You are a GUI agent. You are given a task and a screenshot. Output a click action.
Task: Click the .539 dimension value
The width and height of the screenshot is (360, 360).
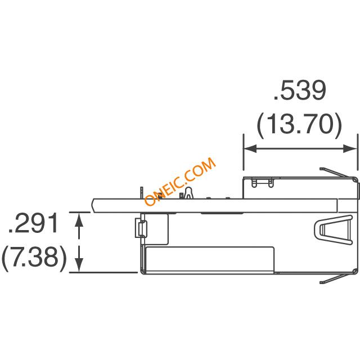pos(300,90)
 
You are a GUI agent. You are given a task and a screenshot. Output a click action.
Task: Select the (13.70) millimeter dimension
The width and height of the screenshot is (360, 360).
pos(299,124)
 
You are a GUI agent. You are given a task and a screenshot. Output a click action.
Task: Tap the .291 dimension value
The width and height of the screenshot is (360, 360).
pos(34,223)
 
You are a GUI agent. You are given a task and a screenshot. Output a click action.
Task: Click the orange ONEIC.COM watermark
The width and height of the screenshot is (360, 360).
pos(180,181)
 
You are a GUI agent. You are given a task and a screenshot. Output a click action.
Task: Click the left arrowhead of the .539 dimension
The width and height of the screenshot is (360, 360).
pos(250,148)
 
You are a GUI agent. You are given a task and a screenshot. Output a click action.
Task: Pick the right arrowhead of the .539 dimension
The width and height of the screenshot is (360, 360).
pos(350,148)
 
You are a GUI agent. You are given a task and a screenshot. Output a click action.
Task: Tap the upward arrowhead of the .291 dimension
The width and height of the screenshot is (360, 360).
pos(79,219)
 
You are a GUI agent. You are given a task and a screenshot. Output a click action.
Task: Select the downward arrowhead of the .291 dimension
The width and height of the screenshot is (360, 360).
pos(79,265)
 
